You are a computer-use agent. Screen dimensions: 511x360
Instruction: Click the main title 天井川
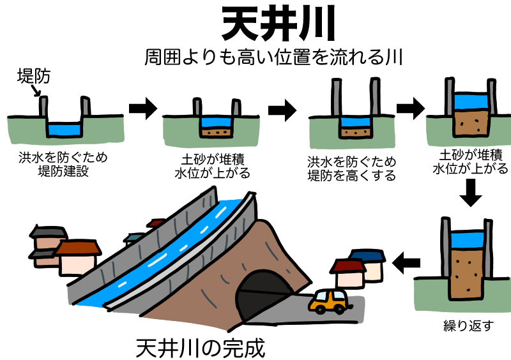[278, 24]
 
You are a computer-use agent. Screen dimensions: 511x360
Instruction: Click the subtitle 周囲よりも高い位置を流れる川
[274, 57]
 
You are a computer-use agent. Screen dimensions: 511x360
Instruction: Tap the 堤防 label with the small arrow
[34, 76]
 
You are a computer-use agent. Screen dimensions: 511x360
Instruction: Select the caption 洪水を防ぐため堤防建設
[63, 164]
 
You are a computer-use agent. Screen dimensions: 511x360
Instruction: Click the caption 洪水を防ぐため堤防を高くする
[352, 169]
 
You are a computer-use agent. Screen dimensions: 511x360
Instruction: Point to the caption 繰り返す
[468, 326]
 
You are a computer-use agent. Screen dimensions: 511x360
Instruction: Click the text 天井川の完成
[200, 349]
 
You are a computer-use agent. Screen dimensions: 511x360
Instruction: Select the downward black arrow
[471, 193]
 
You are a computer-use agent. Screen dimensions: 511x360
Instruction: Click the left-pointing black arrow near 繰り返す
[406, 262]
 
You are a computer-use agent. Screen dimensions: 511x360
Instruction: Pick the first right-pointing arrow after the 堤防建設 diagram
[143, 109]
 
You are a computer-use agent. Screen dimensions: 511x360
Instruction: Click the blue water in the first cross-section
[65, 129]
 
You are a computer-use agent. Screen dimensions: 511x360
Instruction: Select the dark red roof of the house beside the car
[348, 266]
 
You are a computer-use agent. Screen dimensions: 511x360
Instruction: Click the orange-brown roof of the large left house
[78, 248]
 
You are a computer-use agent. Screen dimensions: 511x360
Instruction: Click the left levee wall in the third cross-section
[336, 96]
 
